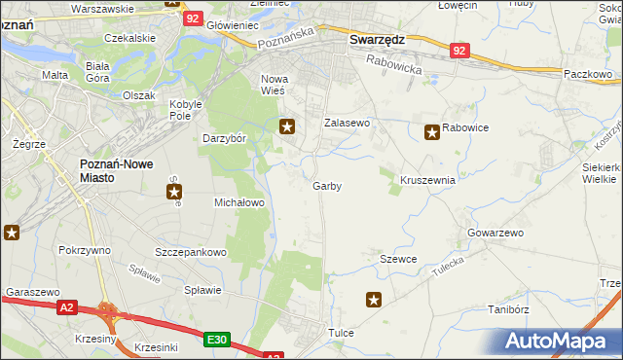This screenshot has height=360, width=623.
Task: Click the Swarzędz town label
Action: click(377, 40)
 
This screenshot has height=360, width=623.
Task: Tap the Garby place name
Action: click(327, 186)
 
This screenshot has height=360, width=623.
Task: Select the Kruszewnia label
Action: click(427, 181)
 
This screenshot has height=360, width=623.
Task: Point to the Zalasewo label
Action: click(348, 124)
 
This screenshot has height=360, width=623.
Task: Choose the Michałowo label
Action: click(239, 202)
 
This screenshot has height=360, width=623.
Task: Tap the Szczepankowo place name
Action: click(191, 252)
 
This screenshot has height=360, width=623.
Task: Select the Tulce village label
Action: click(341, 333)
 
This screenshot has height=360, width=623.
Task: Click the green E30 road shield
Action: click(217, 339)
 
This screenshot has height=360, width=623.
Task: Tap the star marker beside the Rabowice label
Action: click(431, 131)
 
